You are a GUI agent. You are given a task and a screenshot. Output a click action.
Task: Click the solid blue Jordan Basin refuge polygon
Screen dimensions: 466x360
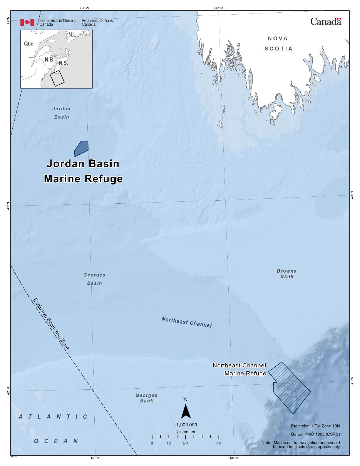click(x=82, y=148)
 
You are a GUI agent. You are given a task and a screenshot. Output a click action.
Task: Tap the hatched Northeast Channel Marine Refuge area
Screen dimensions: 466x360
click(x=290, y=389)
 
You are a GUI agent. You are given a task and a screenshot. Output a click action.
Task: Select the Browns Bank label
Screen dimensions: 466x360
click(x=286, y=273)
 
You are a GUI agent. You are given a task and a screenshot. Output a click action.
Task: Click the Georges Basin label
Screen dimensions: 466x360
click(x=94, y=279)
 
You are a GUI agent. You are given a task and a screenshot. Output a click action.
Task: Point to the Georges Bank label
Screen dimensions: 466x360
click(x=146, y=398)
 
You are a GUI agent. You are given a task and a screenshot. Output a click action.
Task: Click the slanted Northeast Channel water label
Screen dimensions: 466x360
click(x=187, y=322)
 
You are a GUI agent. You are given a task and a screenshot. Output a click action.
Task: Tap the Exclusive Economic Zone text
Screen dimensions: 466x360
click(x=51, y=324)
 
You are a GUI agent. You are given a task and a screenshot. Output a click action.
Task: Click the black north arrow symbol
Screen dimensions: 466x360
click(x=186, y=412)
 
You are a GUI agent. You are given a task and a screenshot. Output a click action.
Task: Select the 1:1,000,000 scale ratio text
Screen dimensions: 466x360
click(x=185, y=424)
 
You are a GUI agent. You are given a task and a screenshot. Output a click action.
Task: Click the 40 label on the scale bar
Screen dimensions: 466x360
click(x=219, y=443)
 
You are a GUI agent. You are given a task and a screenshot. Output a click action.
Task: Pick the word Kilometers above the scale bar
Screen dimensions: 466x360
click(x=185, y=432)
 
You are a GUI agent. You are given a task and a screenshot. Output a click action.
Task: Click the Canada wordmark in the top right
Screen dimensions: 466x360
click(x=326, y=22)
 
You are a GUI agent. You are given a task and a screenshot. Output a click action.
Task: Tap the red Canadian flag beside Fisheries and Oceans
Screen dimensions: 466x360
click(x=27, y=22)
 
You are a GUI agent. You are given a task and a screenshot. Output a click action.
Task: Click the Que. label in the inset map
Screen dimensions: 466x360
click(x=29, y=44)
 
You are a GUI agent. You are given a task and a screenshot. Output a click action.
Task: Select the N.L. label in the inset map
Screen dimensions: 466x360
click(x=73, y=35)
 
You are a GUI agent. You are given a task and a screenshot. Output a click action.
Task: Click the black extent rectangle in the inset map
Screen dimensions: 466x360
click(x=57, y=79)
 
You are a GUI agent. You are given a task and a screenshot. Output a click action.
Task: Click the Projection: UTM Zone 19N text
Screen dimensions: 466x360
click(x=315, y=426)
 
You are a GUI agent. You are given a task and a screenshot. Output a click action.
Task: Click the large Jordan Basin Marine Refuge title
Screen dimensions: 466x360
click(x=83, y=171)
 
